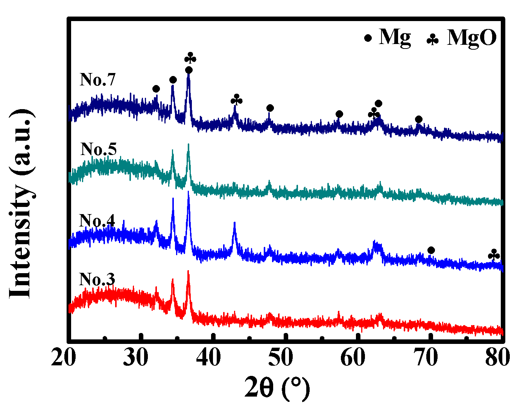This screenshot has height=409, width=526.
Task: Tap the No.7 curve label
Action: [97, 80]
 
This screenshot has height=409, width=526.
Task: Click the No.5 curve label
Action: [99, 149]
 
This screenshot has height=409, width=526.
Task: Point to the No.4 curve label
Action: [97, 221]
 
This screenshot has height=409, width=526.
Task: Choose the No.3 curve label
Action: [97, 280]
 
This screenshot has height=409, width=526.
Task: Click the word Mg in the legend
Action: [395, 38]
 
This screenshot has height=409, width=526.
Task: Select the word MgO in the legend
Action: [472, 38]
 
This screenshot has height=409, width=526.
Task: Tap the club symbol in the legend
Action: [433, 39]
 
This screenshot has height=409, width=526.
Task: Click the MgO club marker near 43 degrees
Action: [237, 100]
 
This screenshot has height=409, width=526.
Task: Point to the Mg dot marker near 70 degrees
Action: [431, 250]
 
